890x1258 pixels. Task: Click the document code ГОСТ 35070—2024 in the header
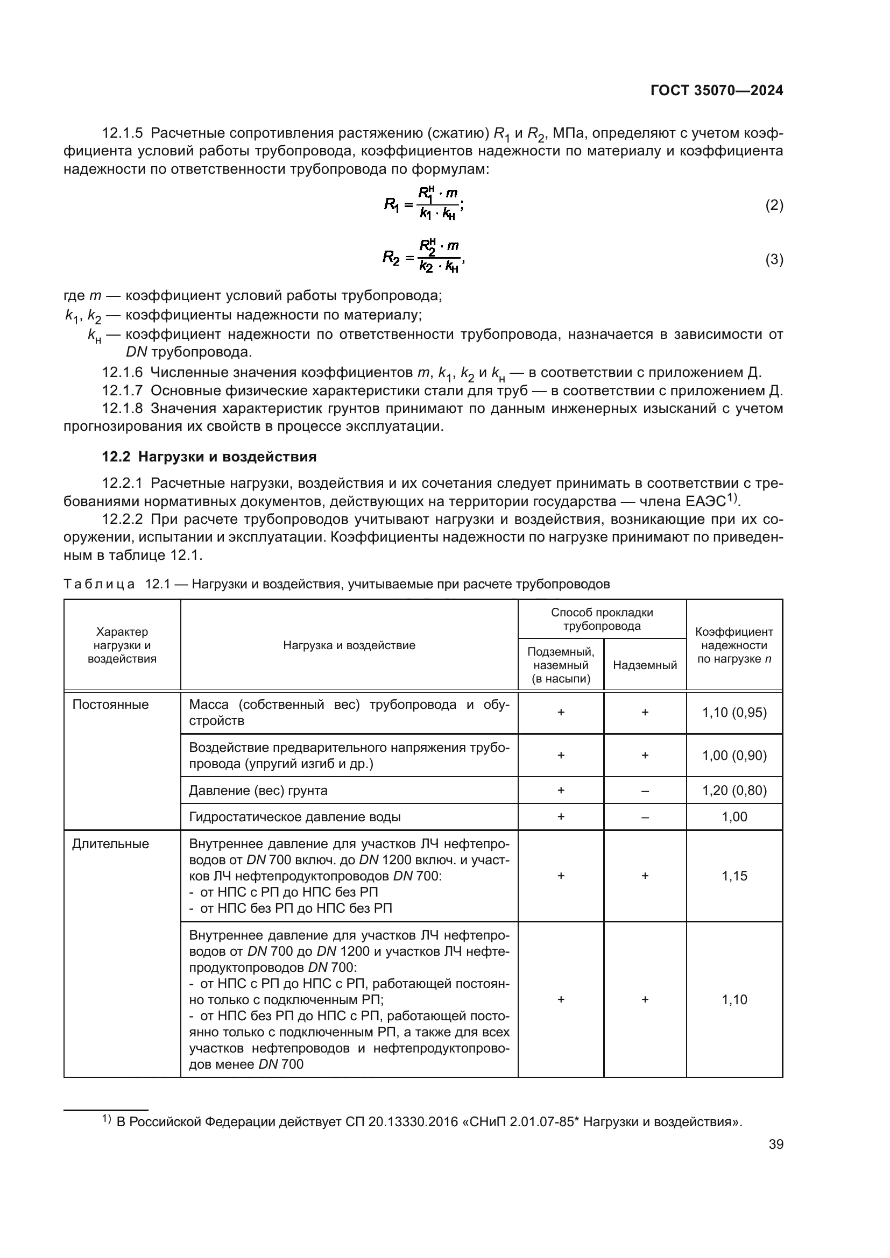point(716,90)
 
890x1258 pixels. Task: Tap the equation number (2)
point(774,205)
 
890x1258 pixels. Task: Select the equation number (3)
point(774,259)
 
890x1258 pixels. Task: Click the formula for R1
point(424,204)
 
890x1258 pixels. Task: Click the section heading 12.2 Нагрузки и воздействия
point(209,457)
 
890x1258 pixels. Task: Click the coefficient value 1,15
point(734,876)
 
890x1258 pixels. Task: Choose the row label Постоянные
point(110,704)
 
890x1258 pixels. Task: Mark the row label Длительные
point(110,843)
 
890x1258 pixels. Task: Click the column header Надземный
point(645,665)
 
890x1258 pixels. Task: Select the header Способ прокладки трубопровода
point(601,619)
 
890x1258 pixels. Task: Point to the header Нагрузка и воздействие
point(349,645)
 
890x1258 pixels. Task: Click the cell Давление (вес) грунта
point(258,790)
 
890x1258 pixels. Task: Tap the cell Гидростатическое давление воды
point(294,816)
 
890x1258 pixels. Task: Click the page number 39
point(775,1144)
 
